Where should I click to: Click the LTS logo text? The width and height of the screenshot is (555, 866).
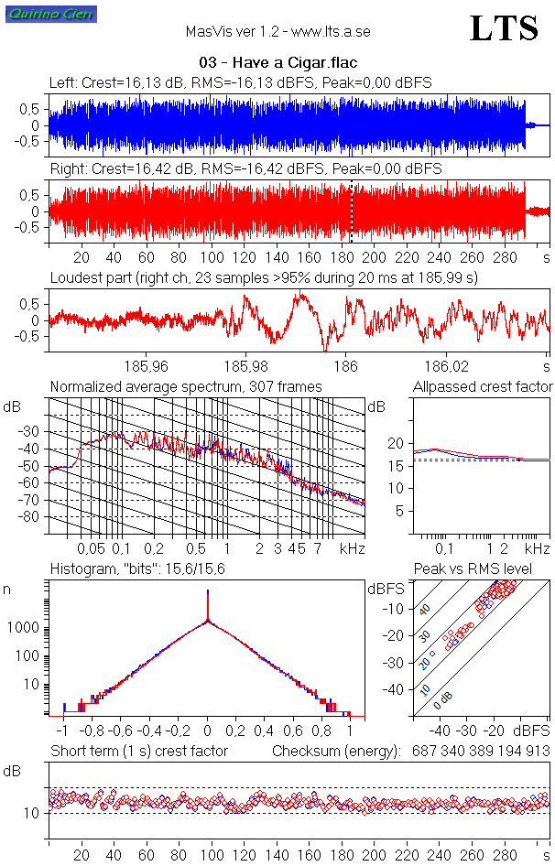coord(504,29)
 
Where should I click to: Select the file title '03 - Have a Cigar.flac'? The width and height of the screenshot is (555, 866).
coord(277,62)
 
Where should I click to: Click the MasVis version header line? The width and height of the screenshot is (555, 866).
coord(277,32)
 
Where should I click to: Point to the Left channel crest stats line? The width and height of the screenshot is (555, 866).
coord(241,83)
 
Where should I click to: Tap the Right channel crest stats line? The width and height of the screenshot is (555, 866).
coord(245,169)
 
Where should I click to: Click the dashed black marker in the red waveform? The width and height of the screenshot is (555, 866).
coord(351,211)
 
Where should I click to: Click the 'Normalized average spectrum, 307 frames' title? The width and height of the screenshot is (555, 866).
coord(186,387)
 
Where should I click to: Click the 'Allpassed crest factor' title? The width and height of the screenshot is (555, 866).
coord(483,387)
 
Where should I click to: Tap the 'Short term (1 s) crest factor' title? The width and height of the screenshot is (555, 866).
coord(139,751)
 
